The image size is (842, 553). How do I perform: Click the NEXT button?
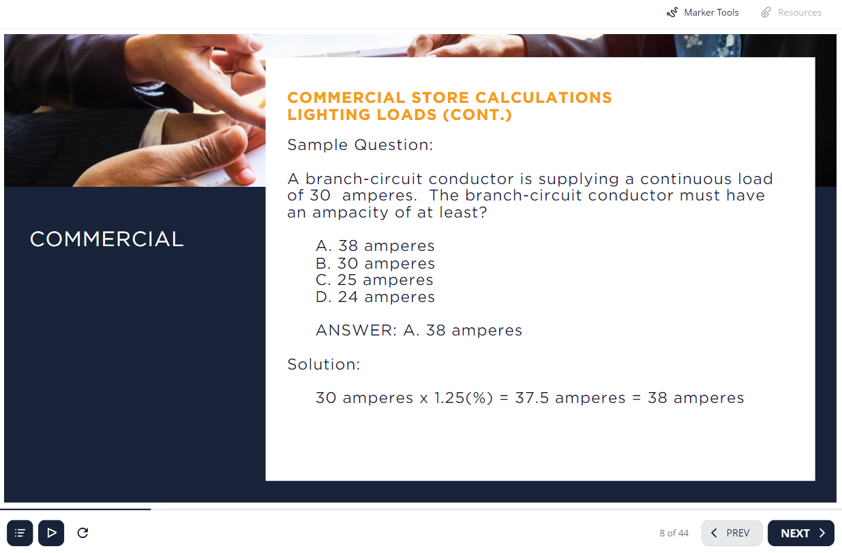point(800,533)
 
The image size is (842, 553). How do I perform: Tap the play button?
point(51,533)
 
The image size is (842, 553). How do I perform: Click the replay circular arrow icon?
point(82,533)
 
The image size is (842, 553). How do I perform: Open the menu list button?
point(20,533)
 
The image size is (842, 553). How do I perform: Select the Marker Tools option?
point(702,12)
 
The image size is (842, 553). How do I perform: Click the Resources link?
point(792,12)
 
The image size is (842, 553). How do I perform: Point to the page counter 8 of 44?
point(674,533)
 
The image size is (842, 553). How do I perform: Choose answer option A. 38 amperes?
point(375,246)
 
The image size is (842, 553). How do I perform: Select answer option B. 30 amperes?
point(375,263)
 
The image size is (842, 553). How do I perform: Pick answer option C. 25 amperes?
point(374,280)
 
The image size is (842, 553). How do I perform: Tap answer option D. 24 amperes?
point(375,297)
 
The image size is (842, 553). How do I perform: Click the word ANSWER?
point(356,331)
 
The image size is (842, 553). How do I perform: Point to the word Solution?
point(324,364)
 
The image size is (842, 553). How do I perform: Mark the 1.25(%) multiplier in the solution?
point(464,398)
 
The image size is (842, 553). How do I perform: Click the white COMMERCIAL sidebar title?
point(107,239)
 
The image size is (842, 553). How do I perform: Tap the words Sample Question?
point(360,145)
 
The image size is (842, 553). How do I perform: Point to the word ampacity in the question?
point(350,213)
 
